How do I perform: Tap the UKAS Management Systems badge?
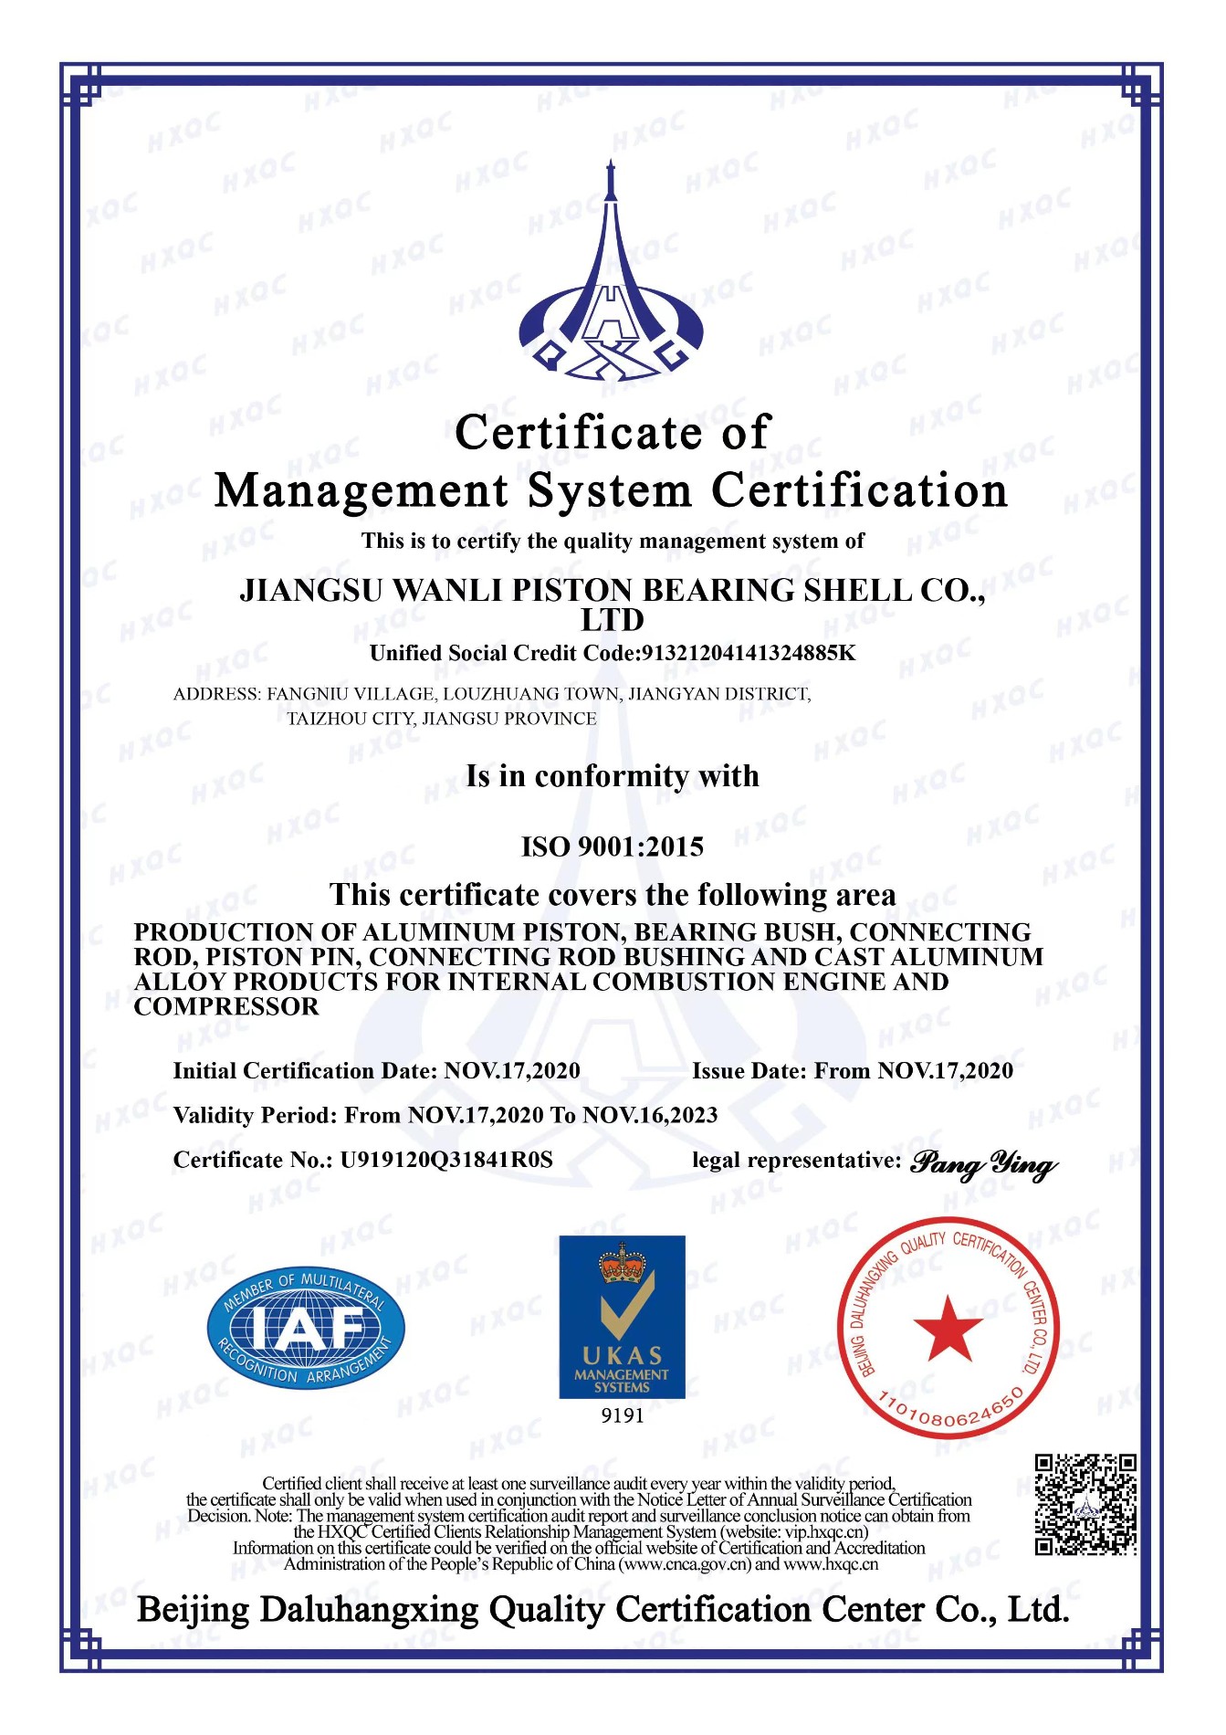(x=622, y=1317)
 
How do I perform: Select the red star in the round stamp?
(x=948, y=1329)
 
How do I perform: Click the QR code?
(x=1085, y=1505)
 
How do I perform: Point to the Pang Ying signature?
(x=984, y=1163)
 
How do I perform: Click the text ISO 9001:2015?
(x=612, y=846)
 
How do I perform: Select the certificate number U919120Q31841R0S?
(x=446, y=1160)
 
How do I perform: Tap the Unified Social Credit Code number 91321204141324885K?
(x=749, y=653)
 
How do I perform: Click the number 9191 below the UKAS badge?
(x=622, y=1415)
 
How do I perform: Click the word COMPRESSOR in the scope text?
(x=226, y=1006)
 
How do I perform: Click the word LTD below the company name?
(x=612, y=621)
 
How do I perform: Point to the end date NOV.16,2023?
(x=649, y=1115)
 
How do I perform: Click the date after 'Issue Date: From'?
(x=945, y=1070)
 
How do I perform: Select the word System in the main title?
(x=610, y=491)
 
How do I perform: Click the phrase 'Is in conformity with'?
(x=612, y=776)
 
